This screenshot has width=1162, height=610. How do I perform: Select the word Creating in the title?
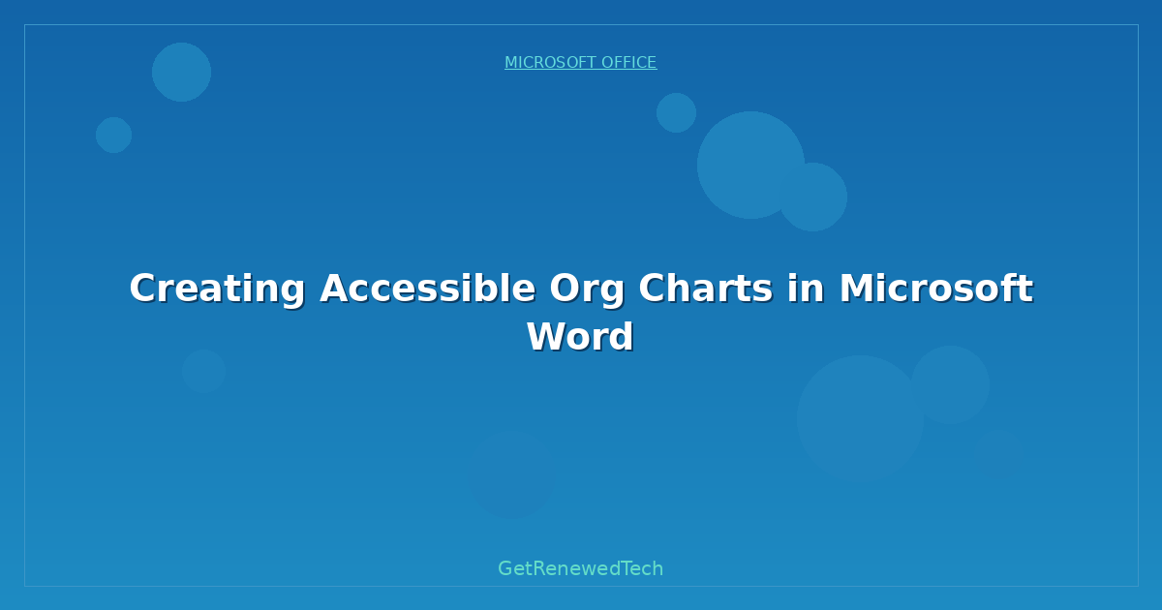217,289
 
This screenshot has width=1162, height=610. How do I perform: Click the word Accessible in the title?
427,289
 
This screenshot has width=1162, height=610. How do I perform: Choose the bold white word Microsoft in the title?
935,289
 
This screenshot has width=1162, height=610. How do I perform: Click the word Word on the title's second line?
580,337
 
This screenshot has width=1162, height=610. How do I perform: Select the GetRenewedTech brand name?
580,568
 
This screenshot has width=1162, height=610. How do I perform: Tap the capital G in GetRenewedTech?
505,568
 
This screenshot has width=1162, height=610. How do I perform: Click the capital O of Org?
565,289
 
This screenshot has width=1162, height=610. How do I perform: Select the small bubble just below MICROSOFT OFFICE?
676,112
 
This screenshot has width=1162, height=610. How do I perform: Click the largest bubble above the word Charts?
750,165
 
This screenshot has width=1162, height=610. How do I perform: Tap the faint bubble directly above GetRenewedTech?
511,474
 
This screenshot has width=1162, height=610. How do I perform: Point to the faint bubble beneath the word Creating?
203,371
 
